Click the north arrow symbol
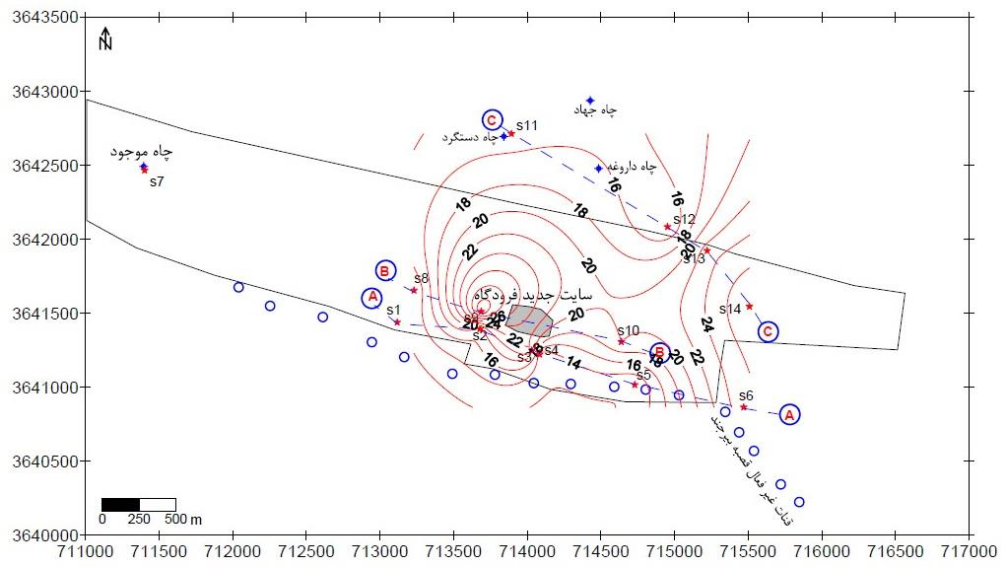point(106,39)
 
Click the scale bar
point(139,505)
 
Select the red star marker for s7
point(145,171)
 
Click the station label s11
point(527,125)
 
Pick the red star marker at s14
point(749,306)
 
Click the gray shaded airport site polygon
point(529,319)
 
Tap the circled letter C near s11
point(493,120)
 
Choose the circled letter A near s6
point(788,414)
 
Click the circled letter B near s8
point(385,270)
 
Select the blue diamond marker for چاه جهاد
point(590,101)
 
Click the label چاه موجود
point(142,153)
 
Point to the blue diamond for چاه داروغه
point(598,169)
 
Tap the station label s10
point(628,330)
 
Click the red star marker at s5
point(635,384)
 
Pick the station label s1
point(393,311)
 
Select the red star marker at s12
point(667,227)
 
